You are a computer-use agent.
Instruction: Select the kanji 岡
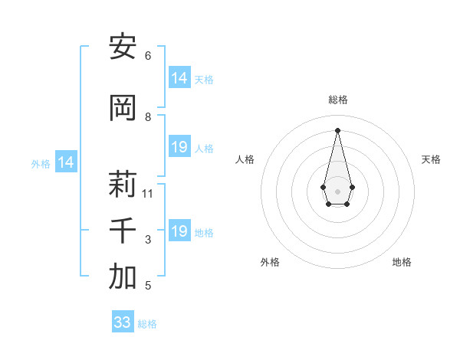coord(123,108)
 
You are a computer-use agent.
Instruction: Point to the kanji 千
coord(123,231)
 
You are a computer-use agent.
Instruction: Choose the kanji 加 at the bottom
coord(123,277)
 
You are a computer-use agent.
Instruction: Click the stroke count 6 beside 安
coord(148,56)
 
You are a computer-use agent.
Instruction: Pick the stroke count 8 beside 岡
coord(148,117)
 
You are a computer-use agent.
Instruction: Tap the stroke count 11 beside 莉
coord(148,193)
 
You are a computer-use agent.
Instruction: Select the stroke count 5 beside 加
coord(148,286)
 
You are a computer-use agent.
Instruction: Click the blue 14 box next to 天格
coord(179,78)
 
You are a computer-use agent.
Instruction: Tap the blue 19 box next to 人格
coord(179,147)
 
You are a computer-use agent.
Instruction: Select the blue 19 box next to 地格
coord(179,231)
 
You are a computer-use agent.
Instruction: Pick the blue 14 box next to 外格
coord(66,162)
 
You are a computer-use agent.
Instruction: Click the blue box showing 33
coord(123,322)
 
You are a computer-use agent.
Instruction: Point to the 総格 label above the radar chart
coord(337,100)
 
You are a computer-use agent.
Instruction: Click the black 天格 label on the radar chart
coord(431,159)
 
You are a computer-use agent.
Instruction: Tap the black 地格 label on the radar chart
coord(402,262)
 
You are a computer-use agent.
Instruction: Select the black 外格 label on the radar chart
coord(270,262)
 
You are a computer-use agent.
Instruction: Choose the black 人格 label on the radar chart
coord(245,159)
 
